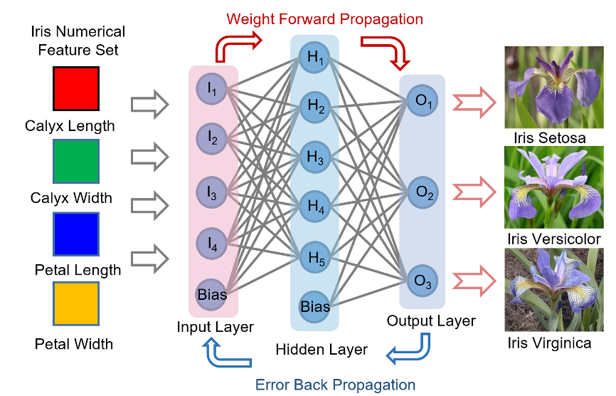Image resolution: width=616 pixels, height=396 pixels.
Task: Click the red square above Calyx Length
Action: tap(76, 89)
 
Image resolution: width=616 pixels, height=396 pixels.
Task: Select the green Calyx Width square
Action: tap(76, 160)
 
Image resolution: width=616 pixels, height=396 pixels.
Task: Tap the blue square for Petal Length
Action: tap(76, 233)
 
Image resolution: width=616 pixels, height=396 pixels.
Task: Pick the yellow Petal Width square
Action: tap(76, 304)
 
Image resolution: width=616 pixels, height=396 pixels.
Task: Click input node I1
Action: tap(212, 88)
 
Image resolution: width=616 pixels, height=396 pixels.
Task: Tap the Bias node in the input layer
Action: tap(212, 293)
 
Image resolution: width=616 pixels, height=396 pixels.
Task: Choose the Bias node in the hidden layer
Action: tap(314, 307)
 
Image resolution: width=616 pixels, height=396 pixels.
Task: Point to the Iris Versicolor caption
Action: tap(554, 239)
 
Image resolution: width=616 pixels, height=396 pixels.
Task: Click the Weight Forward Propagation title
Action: tap(324, 19)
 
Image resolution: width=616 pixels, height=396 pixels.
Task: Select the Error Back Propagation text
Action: tap(334, 385)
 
